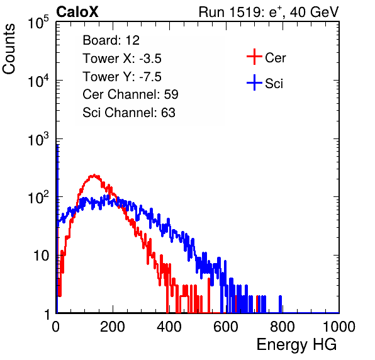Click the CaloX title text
click(77, 12)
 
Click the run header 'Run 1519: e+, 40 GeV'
click(269, 12)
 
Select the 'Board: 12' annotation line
click(111, 40)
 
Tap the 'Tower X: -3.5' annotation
click(122, 59)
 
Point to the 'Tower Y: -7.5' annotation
click(122, 77)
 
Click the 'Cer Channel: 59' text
click(130, 94)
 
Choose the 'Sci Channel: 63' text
click(129, 113)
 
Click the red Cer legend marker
click(254, 57)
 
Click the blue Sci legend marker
click(254, 83)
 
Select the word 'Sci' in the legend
click(274, 84)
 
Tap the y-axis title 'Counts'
click(9, 49)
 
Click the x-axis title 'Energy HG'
click(296, 345)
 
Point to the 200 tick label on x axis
click(113, 327)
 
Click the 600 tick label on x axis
click(226, 327)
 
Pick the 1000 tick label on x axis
click(339, 327)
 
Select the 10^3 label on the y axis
click(38, 139)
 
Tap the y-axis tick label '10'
click(41, 256)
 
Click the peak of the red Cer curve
click(94, 175)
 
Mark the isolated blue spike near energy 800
click(280, 304)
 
